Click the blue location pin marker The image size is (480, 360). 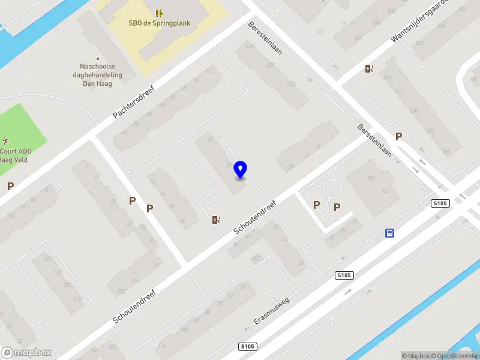pyautogui.click(x=241, y=169)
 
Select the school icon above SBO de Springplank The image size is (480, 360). pyautogui.click(x=159, y=13)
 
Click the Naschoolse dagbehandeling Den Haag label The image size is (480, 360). pyautogui.click(x=102, y=75)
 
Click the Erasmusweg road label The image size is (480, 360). pyautogui.click(x=271, y=310)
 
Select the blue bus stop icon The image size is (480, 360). pyautogui.click(x=390, y=233)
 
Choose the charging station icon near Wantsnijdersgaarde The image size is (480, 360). pyautogui.click(x=369, y=68)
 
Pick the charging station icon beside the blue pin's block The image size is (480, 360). pyautogui.click(x=216, y=220)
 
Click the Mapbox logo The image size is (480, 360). pyautogui.click(x=26, y=353)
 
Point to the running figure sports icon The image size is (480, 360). pyautogui.click(x=4, y=140)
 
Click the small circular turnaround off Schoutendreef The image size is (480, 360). pyautogui.click(x=332, y=190)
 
